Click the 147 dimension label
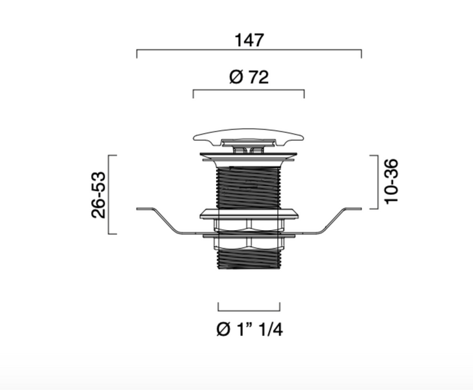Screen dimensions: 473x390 point(249,40)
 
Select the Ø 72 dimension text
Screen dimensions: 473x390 point(249,77)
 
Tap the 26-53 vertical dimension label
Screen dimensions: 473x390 point(99,195)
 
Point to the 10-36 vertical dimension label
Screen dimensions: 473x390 point(391,181)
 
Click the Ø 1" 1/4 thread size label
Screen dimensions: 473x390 point(250,329)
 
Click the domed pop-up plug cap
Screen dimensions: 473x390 point(249,136)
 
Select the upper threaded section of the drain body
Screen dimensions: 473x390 point(248,187)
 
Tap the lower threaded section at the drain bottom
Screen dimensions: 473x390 point(249,258)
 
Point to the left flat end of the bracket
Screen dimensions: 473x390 point(145,209)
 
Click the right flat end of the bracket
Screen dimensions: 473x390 point(352,209)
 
